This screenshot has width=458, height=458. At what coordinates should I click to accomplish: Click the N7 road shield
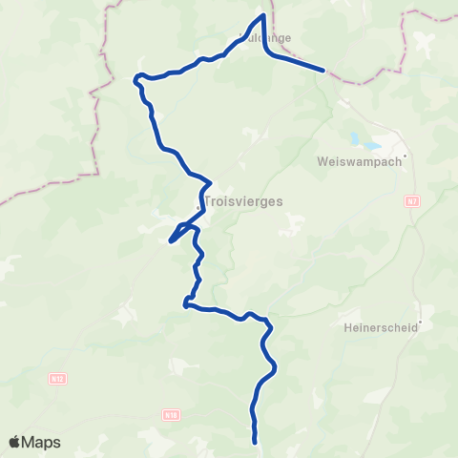pyautogui.click(x=411, y=201)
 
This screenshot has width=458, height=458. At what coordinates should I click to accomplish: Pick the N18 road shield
pyautogui.click(x=170, y=415)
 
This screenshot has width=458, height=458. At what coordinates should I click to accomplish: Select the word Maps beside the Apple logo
pyautogui.click(x=42, y=442)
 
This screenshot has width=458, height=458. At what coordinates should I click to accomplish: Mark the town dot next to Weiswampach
pyautogui.click(x=406, y=156)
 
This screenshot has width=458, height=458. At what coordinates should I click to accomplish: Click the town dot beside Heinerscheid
pyautogui.click(x=421, y=318)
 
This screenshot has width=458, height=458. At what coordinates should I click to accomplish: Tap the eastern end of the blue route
pyautogui.click(x=324, y=70)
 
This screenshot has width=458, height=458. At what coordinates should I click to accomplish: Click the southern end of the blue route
pyautogui.click(x=256, y=442)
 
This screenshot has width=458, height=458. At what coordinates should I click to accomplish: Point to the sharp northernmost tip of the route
pyautogui.click(x=262, y=14)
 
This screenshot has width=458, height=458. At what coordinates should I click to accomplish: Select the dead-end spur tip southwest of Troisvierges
pyautogui.click(x=170, y=241)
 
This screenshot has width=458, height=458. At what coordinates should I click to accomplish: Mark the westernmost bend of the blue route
pyautogui.click(x=135, y=77)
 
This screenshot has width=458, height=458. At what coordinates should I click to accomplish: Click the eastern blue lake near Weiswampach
pyautogui.click(x=371, y=147)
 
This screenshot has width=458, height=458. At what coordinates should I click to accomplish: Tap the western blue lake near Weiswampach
pyautogui.click(x=355, y=138)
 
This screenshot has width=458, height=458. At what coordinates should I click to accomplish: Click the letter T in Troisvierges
pyautogui.click(x=208, y=201)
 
